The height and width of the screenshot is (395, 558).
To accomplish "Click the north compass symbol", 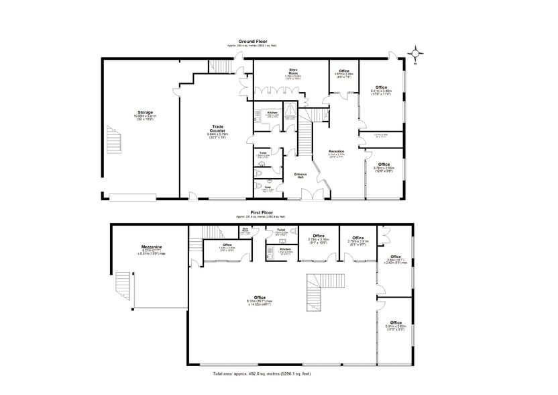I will (x=416, y=53).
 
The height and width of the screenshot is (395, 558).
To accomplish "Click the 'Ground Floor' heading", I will (x=252, y=41).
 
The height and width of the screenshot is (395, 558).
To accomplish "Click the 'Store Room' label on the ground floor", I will (x=293, y=70).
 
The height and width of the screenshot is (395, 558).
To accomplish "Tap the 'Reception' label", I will (x=337, y=151).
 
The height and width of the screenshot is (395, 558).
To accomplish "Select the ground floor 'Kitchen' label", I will (x=272, y=112).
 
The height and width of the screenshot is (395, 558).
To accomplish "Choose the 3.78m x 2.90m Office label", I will (x=384, y=165).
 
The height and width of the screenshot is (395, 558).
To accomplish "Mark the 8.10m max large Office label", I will (x=260, y=298).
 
